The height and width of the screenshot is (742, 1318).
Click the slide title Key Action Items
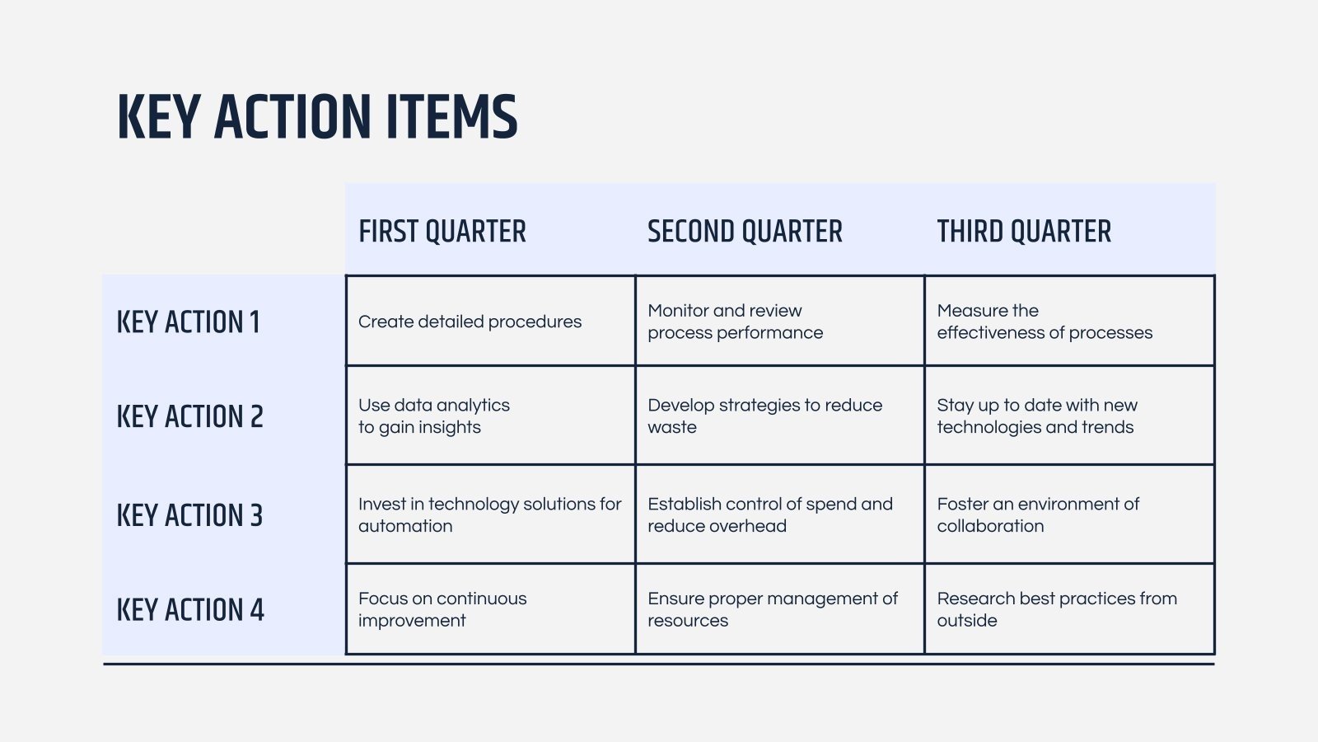(317, 116)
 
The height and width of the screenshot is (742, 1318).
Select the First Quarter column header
(442, 232)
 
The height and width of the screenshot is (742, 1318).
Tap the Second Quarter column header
(745, 232)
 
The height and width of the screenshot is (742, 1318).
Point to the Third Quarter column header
(1024, 232)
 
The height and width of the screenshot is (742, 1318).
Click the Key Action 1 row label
(188, 322)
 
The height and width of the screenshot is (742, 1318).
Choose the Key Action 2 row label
(189, 416)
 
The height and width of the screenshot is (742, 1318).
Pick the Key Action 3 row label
(189, 515)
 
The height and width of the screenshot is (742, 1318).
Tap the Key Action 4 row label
(190, 610)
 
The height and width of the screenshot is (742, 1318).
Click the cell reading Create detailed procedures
(470, 322)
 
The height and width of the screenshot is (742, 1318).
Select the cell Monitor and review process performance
(735, 322)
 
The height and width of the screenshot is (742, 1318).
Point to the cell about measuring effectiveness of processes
(1045, 322)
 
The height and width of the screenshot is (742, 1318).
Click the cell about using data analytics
(434, 416)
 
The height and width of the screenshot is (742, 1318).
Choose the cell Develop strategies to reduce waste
(764, 416)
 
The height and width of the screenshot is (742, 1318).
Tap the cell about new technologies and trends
(1037, 416)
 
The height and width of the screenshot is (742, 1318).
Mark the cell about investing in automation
(489, 515)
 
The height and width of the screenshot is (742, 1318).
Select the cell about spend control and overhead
(769, 515)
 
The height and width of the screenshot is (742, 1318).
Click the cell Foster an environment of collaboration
(1038, 515)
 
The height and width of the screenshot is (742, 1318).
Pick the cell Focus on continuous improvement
(442, 610)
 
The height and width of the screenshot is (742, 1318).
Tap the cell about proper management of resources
(772, 610)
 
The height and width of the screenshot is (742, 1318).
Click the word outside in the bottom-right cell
(967, 621)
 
